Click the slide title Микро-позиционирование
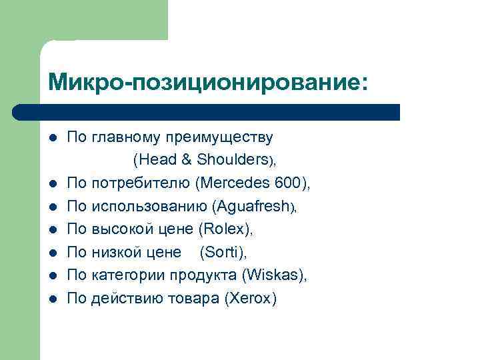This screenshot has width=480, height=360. (x=207, y=82)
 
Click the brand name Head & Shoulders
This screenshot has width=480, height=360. (x=203, y=160)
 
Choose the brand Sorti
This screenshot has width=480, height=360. (x=223, y=252)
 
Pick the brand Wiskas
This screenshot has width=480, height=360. (x=273, y=275)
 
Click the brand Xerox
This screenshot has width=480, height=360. (x=251, y=299)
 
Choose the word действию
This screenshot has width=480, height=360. (x=124, y=299)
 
